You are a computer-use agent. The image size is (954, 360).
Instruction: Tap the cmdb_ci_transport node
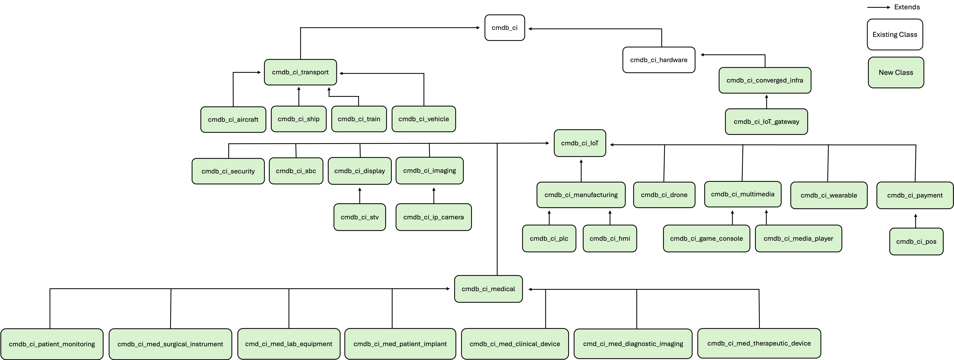pyautogui.click(x=300, y=72)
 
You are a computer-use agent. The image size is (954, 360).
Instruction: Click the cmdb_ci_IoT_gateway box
pyautogui.click(x=766, y=122)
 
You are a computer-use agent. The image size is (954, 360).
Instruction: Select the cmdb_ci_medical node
pyautogui.click(x=488, y=289)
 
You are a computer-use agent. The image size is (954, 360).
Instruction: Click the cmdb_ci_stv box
pyautogui.click(x=360, y=217)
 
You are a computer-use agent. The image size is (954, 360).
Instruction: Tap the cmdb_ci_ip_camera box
pyautogui.click(x=434, y=217)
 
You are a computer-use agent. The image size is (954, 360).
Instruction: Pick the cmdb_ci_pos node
pyautogui.click(x=916, y=242)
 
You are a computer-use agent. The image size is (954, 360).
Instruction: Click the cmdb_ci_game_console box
pyautogui.click(x=707, y=238)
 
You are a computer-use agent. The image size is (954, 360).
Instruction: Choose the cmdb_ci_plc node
pyautogui.click(x=549, y=238)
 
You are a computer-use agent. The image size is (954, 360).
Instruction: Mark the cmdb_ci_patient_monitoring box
pyautogui.click(x=52, y=344)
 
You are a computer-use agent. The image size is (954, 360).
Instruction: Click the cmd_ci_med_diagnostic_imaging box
pyautogui.click(x=633, y=344)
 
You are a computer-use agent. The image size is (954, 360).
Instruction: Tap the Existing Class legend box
pyautogui.click(x=895, y=34)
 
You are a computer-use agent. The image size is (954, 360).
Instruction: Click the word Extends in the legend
pyautogui.click(x=907, y=7)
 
